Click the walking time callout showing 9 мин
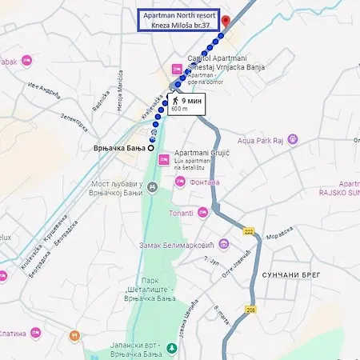[186, 105]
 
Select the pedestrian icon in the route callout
[174, 102]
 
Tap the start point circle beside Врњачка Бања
[151, 149]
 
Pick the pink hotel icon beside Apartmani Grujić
[163, 160]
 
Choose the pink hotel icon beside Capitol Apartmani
[176, 70]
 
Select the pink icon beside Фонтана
[181, 182]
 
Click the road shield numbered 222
[249, 232]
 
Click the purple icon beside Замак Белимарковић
[224, 244]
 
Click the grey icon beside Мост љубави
[154, 186]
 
